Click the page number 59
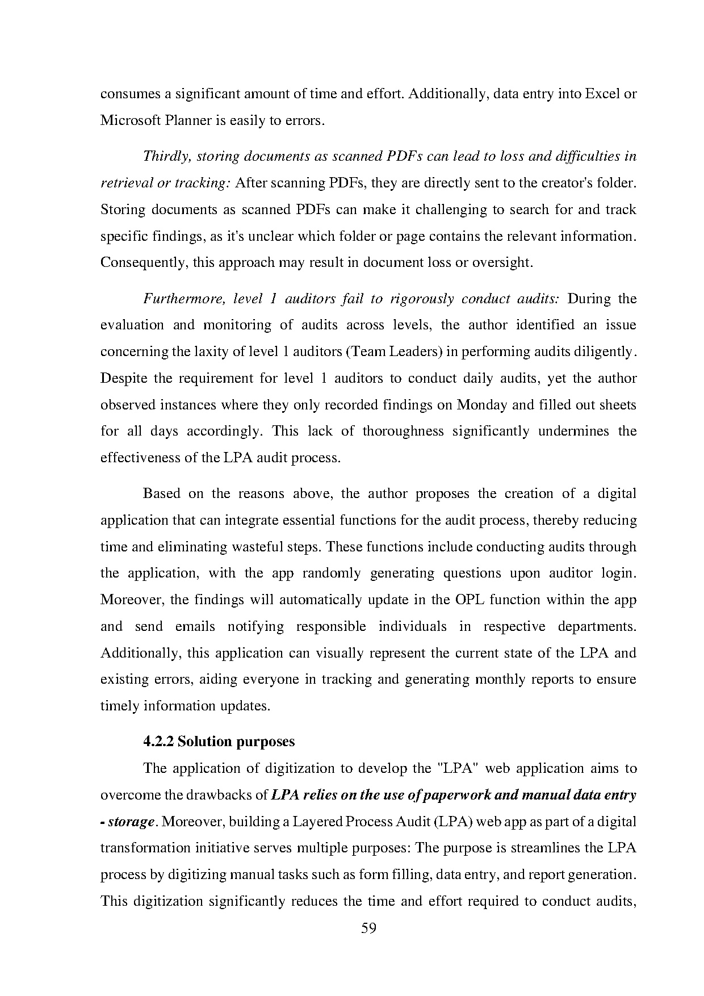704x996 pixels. click(x=368, y=929)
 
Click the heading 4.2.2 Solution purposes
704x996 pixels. click(x=219, y=742)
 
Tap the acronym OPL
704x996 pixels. click(x=470, y=600)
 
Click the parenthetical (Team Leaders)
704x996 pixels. click(x=393, y=351)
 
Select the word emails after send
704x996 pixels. click(x=195, y=626)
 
